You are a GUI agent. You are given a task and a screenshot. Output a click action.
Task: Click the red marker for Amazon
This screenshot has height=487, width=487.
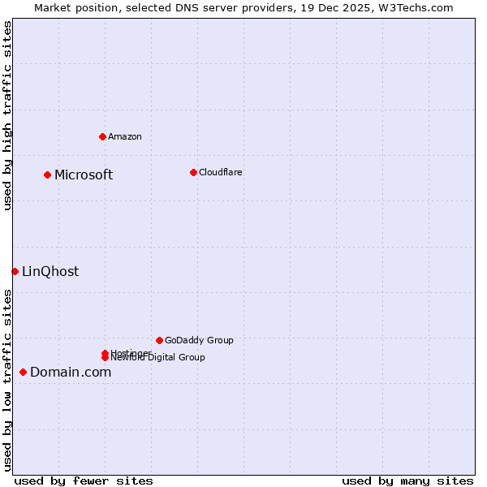[102, 136]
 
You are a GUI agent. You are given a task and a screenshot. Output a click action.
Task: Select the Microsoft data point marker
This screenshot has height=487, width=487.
[47, 175]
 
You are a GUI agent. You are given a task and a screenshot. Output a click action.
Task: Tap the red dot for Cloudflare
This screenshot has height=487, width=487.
[193, 172]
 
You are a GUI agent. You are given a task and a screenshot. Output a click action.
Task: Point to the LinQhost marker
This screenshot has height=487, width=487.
[15, 271]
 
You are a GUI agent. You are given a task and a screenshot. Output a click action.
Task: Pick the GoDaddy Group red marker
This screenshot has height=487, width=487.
[159, 340]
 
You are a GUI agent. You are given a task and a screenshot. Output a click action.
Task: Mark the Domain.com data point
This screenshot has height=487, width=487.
[23, 372]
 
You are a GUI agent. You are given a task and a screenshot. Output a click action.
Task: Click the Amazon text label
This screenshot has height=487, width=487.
[125, 136]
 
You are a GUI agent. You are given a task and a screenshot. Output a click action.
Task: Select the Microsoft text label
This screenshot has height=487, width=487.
[84, 175]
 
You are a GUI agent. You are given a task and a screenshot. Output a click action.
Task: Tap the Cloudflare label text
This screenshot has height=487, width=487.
[220, 172]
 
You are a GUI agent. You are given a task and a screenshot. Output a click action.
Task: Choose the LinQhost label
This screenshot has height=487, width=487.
[50, 271]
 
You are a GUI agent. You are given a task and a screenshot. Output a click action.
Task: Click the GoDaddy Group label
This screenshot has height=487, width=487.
[199, 340]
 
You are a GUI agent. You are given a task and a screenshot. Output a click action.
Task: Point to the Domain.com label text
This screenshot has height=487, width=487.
[71, 372]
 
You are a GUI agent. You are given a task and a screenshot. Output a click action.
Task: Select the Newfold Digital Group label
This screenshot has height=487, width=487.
[158, 358]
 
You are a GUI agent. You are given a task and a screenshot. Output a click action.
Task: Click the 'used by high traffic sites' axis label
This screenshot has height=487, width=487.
[7, 115]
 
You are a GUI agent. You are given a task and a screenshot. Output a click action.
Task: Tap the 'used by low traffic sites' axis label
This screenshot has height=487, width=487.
[7, 380]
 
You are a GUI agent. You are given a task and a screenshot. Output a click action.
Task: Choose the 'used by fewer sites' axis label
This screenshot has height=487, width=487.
[84, 481]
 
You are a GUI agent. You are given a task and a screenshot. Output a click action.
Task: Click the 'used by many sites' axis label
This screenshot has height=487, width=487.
[407, 481]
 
